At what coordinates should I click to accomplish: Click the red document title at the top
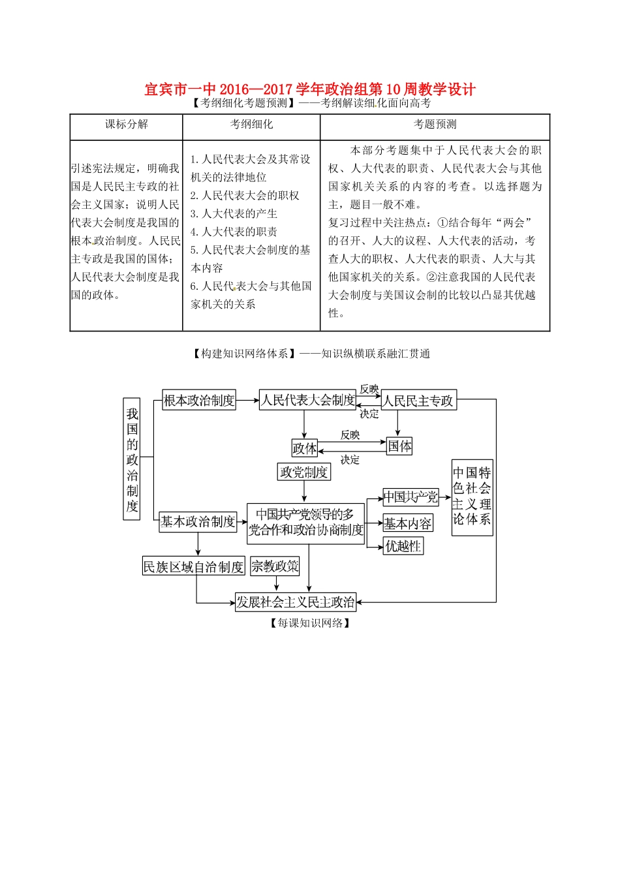[x=310, y=89]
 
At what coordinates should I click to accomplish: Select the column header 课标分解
[x=127, y=124]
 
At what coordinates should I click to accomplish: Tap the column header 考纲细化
[x=251, y=124]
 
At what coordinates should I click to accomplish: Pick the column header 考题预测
[x=435, y=124]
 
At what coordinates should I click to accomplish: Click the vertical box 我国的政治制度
[x=132, y=459]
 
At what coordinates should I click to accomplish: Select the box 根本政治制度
[x=199, y=400]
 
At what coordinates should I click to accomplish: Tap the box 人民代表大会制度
[x=308, y=400]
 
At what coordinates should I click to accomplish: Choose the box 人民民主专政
[x=418, y=400]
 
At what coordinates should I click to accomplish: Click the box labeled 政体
[x=304, y=448]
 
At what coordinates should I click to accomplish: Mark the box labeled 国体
[x=399, y=446]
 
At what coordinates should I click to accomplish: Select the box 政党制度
[x=304, y=472]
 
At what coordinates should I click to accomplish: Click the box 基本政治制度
[x=198, y=521]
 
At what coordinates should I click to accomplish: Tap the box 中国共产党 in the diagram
[x=411, y=497]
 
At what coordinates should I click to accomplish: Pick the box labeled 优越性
[x=403, y=546]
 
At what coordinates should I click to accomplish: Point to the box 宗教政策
[x=275, y=566]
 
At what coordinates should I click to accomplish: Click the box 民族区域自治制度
[x=194, y=566]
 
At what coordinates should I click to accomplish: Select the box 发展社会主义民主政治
[x=296, y=602]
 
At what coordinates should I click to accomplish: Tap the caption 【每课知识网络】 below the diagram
[x=310, y=623]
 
